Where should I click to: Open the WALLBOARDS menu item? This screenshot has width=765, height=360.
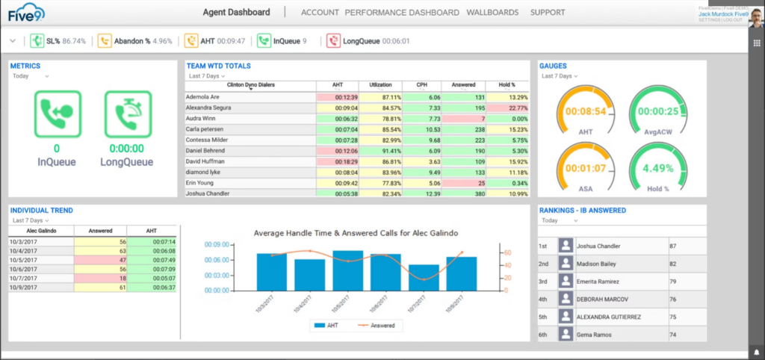[492, 13]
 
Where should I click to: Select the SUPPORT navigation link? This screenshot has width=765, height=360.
[548, 13]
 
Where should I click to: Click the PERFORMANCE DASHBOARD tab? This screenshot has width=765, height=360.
[402, 13]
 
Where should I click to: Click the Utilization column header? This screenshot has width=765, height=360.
[381, 85]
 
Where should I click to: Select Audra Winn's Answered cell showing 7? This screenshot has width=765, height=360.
[464, 118]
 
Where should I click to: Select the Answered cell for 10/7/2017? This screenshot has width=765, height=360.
[99, 278]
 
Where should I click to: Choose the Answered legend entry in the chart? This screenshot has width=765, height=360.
[378, 326]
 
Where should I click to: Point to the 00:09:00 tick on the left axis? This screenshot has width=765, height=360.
[217, 244]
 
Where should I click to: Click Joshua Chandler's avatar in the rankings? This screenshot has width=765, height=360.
[566, 246]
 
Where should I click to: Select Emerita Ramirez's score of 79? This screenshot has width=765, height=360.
[673, 282]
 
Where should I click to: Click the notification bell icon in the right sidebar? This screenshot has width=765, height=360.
[756, 351]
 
